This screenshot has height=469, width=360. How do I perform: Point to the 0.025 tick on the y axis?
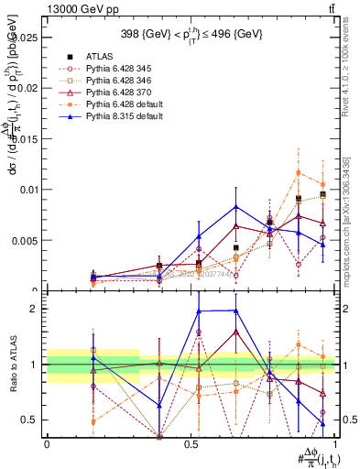27,38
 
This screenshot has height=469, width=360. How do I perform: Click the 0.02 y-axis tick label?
30,89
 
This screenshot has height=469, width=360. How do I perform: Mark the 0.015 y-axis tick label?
27,139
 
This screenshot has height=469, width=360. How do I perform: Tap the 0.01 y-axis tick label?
30,190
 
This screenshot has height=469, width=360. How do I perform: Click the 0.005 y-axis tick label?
27,241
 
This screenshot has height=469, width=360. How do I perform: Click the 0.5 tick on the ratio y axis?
33,420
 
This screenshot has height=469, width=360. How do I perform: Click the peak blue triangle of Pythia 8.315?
236,207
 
